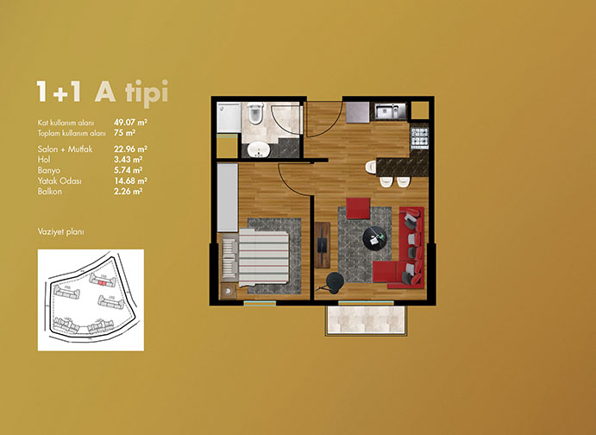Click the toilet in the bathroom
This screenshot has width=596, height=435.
point(255,112)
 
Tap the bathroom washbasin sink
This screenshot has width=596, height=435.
point(259,149)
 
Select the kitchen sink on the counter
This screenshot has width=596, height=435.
point(391,111)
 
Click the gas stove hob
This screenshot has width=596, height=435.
point(419,137)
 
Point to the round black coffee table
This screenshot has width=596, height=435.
point(375,238)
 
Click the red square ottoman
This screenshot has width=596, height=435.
point(358,208)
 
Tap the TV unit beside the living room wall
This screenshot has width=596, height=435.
point(323,245)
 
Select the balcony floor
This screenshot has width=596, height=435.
point(366,320)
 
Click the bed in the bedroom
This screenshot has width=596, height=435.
point(255,257)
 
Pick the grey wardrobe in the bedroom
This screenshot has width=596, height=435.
point(228,198)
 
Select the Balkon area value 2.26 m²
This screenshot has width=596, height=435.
point(129,192)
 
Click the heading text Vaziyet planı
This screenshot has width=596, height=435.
point(61,231)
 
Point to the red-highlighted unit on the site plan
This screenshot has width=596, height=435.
point(101,283)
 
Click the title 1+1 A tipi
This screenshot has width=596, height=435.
point(103,91)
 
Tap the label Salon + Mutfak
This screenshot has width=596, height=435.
point(65,149)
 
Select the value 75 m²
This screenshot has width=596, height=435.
point(125,133)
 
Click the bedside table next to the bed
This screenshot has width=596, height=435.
point(228,291)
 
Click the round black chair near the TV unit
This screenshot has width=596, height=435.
point(336,282)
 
